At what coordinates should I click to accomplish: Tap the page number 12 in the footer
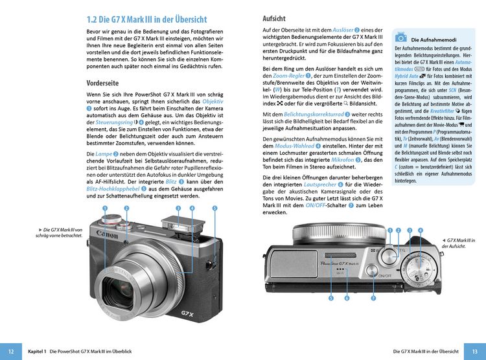point(11,350)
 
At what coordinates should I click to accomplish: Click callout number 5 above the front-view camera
point(214,208)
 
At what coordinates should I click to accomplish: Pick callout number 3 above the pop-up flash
point(178,208)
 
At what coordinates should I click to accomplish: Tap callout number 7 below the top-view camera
point(373,298)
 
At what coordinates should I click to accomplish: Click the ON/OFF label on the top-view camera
point(385,275)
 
